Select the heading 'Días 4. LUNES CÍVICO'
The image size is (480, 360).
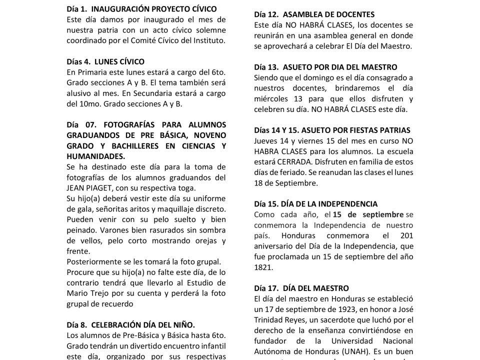tap(105, 62)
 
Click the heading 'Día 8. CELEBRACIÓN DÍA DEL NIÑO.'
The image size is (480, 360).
tap(131, 324)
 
